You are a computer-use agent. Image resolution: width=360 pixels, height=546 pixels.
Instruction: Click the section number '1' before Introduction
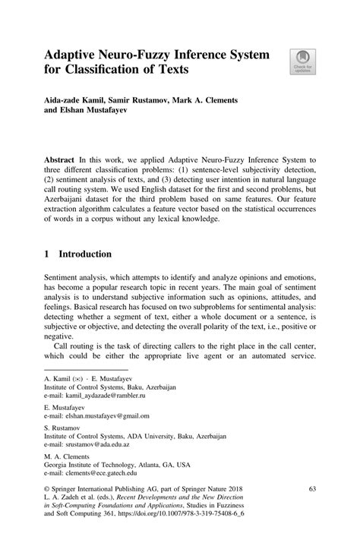[x=47, y=257]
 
